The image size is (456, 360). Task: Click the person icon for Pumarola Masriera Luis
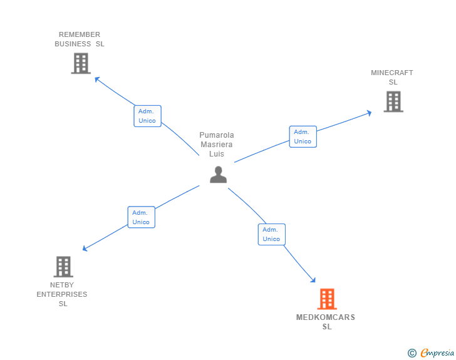[x=218, y=175]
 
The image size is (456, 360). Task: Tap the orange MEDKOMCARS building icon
[x=327, y=299]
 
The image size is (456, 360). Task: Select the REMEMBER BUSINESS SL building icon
[x=81, y=63]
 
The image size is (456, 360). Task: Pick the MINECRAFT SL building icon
[x=393, y=101]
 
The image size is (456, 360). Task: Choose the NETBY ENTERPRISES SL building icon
[x=63, y=267]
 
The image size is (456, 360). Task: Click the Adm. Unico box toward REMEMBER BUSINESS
[x=147, y=116]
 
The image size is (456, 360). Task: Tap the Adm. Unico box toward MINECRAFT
[x=303, y=136]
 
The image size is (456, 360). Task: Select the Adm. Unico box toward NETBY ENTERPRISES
[x=142, y=217]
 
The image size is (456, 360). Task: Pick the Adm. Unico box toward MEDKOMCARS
[x=272, y=234]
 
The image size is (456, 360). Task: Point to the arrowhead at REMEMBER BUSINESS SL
[x=97, y=79]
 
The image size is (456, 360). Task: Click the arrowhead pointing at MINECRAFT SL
[x=370, y=113]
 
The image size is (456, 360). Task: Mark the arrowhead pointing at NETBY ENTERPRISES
[x=85, y=249]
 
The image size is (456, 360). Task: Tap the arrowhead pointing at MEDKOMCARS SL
[x=313, y=280]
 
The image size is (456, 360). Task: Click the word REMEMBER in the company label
[x=80, y=34]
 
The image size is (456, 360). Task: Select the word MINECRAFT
[x=391, y=73]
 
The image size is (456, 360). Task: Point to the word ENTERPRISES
[x=62, y=294]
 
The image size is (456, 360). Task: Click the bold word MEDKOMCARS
[x=326, y=317]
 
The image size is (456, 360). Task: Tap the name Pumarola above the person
[x=217, y=135]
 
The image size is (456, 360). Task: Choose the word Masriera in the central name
[x=217, y=145]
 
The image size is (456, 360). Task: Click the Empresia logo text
[x=437, y=352]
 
